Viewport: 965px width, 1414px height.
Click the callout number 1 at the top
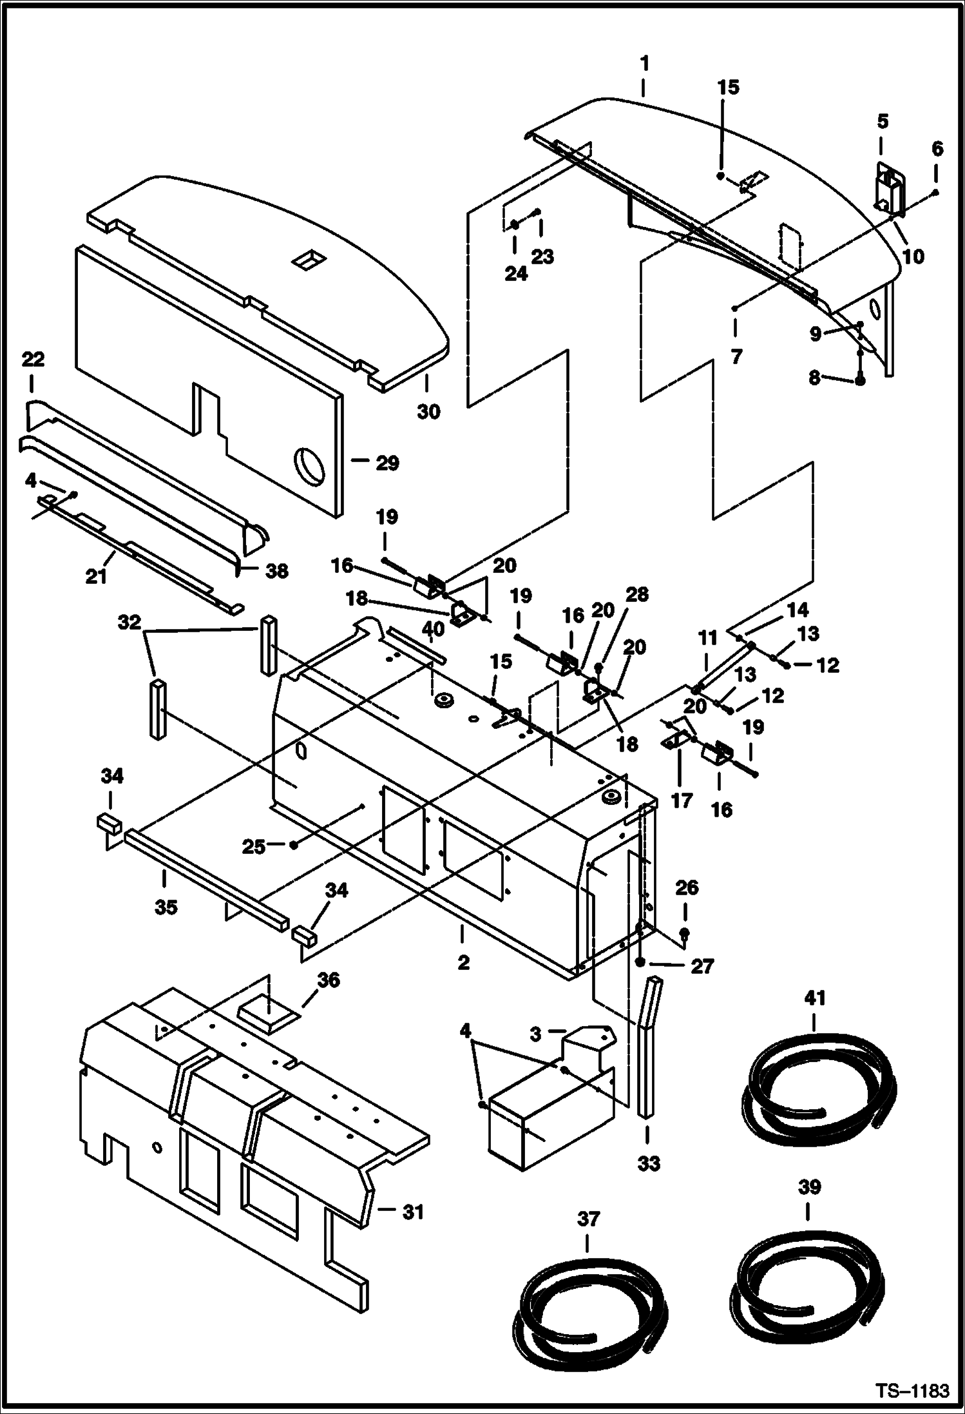(x=645, y=64)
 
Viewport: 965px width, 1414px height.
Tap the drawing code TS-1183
(x=913, y=1391)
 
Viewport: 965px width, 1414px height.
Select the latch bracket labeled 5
(x=889, y=190)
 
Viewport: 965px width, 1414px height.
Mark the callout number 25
(x=254, y=846)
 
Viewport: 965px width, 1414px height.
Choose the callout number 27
(x=702, y=966)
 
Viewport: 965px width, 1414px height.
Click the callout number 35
(x=166, y=907)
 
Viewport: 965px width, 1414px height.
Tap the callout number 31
(x=413, y=1212)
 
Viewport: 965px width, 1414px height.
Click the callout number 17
(x=682, y=801)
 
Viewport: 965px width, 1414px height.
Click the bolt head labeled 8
(x=860, y=381)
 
